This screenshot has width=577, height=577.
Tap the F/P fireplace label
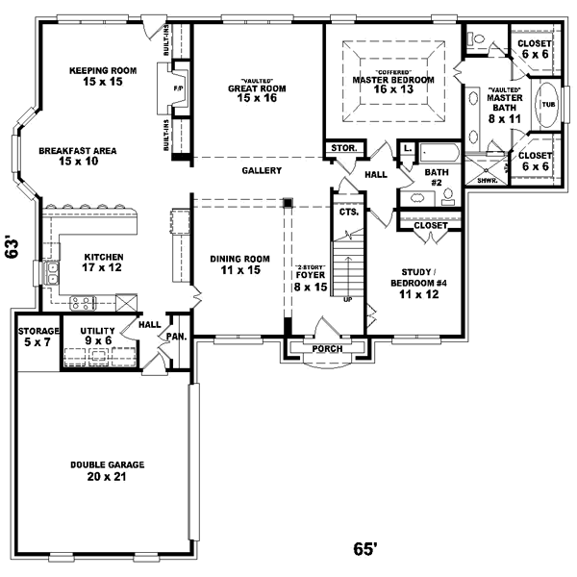click(177, 88)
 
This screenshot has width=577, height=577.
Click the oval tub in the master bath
click(548, 105)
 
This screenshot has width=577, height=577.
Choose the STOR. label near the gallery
click(343, 149)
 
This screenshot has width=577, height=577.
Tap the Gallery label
click(261, 170)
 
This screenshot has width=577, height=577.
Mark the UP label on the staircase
click(346, 299)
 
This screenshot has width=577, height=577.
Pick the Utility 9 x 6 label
click(97, 336)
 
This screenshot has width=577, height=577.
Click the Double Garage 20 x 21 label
click(107, 470)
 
